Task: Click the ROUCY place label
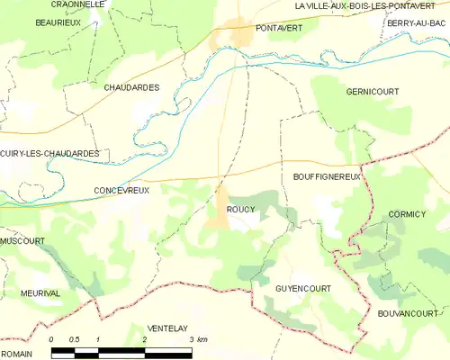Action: [x=241, y=209]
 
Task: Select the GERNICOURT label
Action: [x=371, y=92]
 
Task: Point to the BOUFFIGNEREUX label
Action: [x=326, y=177]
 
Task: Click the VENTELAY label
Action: [x=169, y=328]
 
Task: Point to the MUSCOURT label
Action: [x=22, y=241]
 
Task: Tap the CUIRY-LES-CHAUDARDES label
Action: [x=49, y=154]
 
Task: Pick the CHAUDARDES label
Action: [x=131, y=87]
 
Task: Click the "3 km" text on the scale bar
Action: [x=200, y=339]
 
